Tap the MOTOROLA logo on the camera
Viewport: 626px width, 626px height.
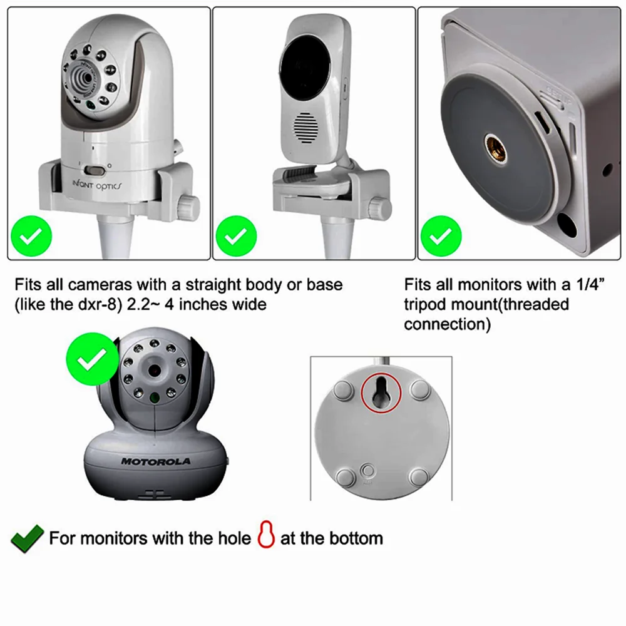point(156,461)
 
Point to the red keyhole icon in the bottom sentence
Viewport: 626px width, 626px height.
point(266,538)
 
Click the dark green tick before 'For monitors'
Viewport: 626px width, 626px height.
point(27,538)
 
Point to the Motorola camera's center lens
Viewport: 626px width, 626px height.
point(154,371)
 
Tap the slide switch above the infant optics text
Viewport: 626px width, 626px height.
point(96,171)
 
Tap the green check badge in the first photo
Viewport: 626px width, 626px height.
point(31,237)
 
